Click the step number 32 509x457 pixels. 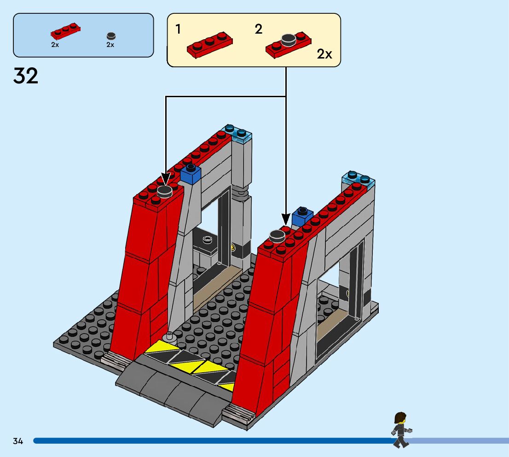click(x=26, y=76)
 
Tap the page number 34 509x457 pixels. click(x=18, y=441)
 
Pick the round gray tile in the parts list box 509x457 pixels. click(x=110, y=36)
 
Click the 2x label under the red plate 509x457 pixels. click(x=55, y=45)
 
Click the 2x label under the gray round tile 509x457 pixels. click(x=110, y=45)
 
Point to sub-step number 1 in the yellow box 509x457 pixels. click(x=178, y=29)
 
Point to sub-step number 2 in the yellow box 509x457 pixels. click(x=259, y=29)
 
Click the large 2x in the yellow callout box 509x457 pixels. click(x=324, y=54)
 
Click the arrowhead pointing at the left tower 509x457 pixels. click(x=165, y=180)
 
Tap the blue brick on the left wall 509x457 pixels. click(x=191, y=174)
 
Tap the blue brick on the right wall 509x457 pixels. click(x=302, y=217)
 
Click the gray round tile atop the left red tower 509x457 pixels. click(x=165, y=191)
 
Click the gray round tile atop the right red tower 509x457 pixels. click(x=278, y=236)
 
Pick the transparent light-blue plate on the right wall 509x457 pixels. click(x=358, y=179)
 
